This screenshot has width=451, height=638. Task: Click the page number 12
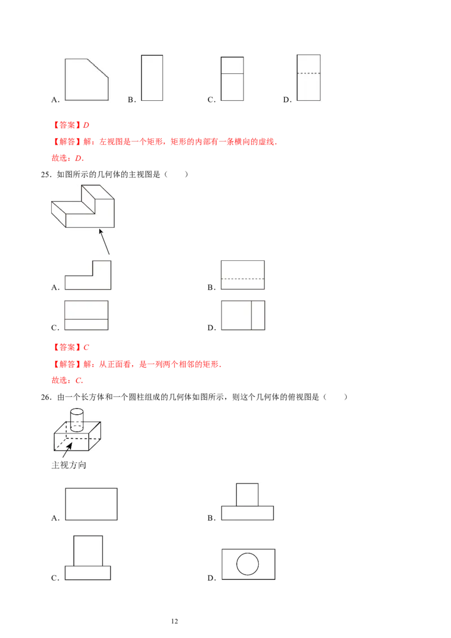174,621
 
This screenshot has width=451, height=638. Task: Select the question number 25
46,175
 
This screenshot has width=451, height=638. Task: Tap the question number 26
46,397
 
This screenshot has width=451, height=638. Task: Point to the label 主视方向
69,465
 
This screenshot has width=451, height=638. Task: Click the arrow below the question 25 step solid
104,242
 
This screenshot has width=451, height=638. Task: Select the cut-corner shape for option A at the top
87,79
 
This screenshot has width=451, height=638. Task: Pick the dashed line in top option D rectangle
308,73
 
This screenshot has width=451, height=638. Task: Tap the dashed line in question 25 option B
242,279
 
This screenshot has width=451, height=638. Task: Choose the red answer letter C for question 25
86,348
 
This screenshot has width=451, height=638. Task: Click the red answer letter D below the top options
86,125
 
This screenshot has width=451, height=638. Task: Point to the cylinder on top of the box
77,420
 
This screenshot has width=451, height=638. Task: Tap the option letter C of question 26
55,578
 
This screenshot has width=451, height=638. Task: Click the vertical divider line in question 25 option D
251,316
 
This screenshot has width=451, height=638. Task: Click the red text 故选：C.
67,380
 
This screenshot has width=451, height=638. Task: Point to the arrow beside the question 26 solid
67,450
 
